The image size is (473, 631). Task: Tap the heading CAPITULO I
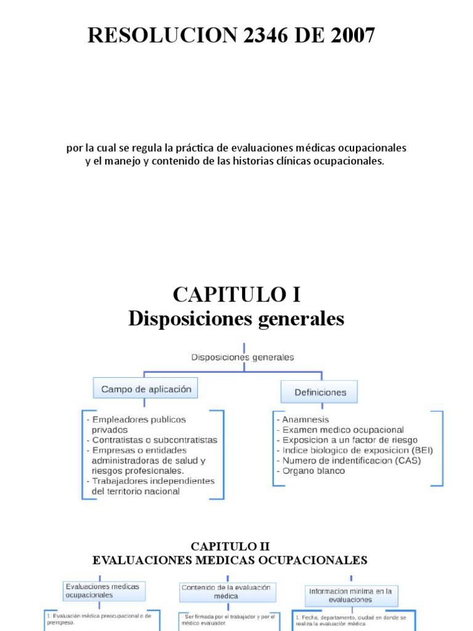pyautogui.click(x=236, y=295)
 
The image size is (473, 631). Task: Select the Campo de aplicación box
pyautogui.click(x=146, y=389)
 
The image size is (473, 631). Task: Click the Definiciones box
pyautogui.click(x=320, y=392)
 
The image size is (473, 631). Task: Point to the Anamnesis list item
pyautogui.click(x=305, y=419)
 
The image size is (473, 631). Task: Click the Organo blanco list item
pyautogui.click(x=313, y=471)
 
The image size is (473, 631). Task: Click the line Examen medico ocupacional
pyautogui.click(x=342, y=429)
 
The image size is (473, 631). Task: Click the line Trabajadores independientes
pyautogui.click(x=152, y=481)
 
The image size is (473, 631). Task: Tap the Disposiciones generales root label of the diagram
pyautogui.click(x=243, y=357)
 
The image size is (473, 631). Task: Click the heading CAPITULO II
pyautogui.click(x=230, y=547)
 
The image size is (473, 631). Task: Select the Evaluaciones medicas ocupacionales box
pyautogui.click(x=103, y=590)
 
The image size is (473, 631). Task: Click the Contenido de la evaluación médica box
pyautogui.click(x=226, y=592)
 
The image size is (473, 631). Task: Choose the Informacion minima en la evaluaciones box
pyautogui.click(x=351, y=595)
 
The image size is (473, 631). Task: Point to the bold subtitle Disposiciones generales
pyautogui.click(x=236, y=319)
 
